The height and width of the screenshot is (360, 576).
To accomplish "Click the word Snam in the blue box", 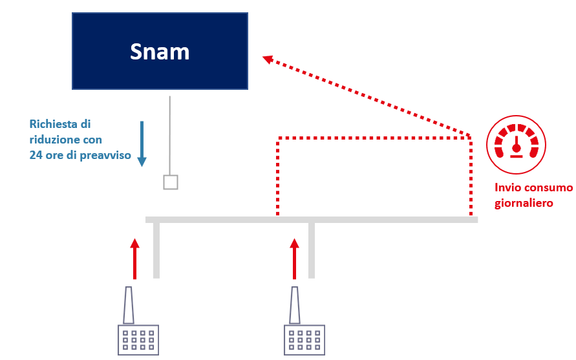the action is point(160,52).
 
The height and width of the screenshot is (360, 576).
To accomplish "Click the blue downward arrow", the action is point(142,143).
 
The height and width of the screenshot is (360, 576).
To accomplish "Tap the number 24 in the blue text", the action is point(36,155).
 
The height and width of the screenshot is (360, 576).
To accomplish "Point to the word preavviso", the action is point(105,156).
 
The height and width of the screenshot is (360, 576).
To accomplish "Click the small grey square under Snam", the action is point(171,182).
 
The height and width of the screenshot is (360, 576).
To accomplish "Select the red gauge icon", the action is point(516,144).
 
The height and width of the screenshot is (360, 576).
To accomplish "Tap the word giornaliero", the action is point(524,203).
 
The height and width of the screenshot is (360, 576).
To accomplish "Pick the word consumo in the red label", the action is point(549,187).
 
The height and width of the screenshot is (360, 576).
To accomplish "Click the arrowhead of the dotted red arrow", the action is point(268,59).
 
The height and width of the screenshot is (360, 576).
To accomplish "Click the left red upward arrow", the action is point(135,259).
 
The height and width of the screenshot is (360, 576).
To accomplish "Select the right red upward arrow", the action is point(294,259).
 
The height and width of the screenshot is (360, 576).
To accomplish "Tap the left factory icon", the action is point(138,321).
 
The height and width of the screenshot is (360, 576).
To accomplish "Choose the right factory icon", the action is point(304,321).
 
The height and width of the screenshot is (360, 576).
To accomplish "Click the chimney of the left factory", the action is point(128,305).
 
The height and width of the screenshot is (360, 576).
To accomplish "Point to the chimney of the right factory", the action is point(294,305).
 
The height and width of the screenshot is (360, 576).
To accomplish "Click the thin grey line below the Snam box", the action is point(170,136).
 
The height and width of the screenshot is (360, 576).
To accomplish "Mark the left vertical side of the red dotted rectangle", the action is point(278,176).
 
